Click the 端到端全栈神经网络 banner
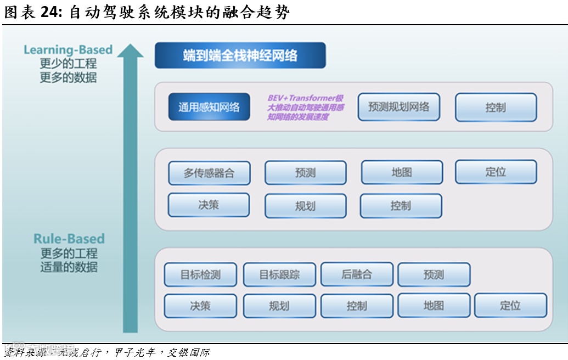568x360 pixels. [240, 55]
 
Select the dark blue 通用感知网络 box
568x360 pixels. [209, 107]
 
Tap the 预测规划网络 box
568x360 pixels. [398, 106]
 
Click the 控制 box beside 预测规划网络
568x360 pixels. [495, 108]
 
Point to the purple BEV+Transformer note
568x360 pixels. [305, 107]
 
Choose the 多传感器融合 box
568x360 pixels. [209, 173]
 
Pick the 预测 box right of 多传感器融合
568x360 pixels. [305, 173]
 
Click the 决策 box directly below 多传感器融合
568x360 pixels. [209, 205]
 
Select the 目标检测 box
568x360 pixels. [200, 274]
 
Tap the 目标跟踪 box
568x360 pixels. [279, 274]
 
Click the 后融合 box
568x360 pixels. [357, 274]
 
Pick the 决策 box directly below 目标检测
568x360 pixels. [200, 306]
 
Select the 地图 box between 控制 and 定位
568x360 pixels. [434, 306]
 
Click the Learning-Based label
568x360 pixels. [68, 50]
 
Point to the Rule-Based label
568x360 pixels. [69, 239]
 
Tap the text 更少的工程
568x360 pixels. [68, 64]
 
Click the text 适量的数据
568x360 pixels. [69, 267]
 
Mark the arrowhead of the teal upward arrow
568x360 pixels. [130, 50]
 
